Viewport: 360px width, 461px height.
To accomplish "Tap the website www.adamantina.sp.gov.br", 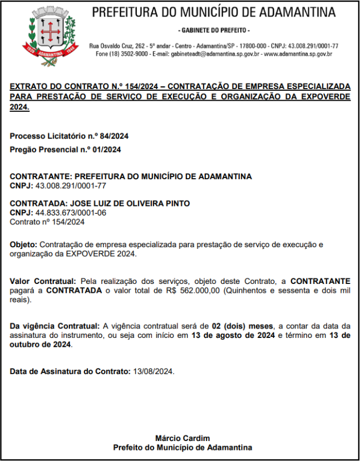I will (298, 54).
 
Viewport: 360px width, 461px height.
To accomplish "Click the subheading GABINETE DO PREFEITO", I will (214, 30).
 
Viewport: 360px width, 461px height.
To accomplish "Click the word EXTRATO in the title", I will (29, 87).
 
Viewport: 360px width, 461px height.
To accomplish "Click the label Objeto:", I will (23, 245).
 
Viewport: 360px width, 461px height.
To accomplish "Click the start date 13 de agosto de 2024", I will (233, 335).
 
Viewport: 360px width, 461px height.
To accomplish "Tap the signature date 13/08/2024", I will (152, 371).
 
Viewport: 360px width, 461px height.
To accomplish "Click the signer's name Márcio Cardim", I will (183, 438).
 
